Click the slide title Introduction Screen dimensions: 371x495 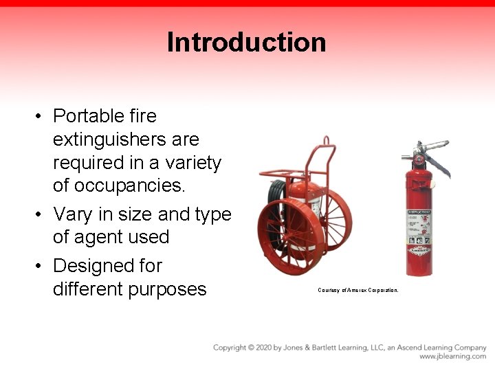(246, 42)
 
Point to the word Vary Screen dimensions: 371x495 (72, 214)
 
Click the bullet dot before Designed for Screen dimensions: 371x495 (41, 266)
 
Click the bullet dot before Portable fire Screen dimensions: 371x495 (41, 116)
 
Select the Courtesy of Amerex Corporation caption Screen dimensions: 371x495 (357, 290)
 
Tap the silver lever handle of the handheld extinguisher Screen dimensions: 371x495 (433, 147)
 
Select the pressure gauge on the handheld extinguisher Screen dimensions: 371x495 (417, 160)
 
